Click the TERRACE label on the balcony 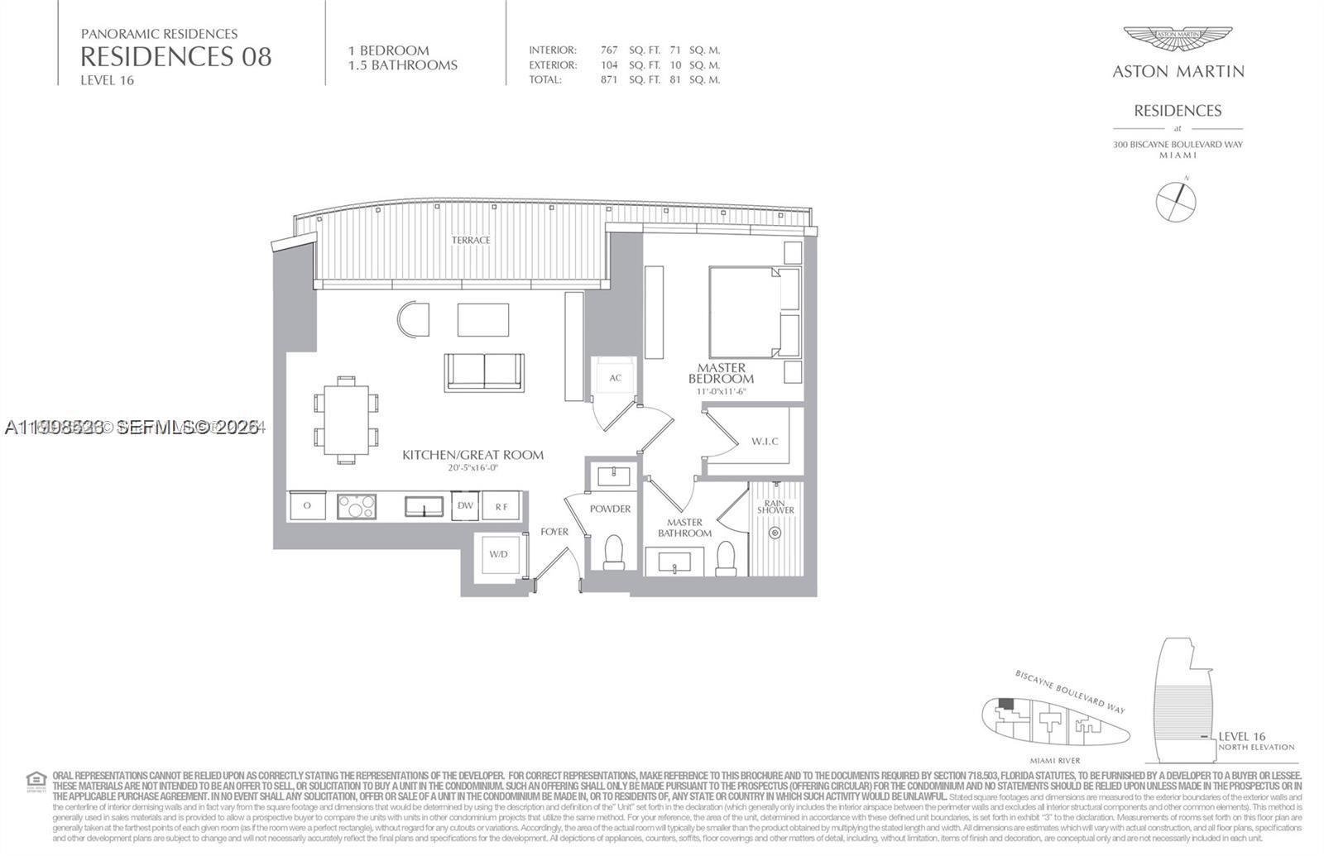pos(471,240)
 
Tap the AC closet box pos(615,378)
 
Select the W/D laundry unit pos(498,554)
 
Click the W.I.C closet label pos(765,441)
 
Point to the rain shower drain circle pos(775,533)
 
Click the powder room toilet pos(614,552)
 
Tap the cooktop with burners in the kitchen pos(357,505)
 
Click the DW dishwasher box pos(465,505)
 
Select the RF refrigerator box pos(501,505)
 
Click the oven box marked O pos(307,505)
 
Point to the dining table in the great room pos(346,420)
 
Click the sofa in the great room pos(484,371)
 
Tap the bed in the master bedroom pos(745,312)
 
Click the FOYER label pos(554,532)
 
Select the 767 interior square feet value pos(609,50)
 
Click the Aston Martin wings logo pos(1178,39)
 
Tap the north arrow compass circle pos(1176,201)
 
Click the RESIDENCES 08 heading pos(175,57)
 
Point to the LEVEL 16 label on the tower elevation pos(1241,736)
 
